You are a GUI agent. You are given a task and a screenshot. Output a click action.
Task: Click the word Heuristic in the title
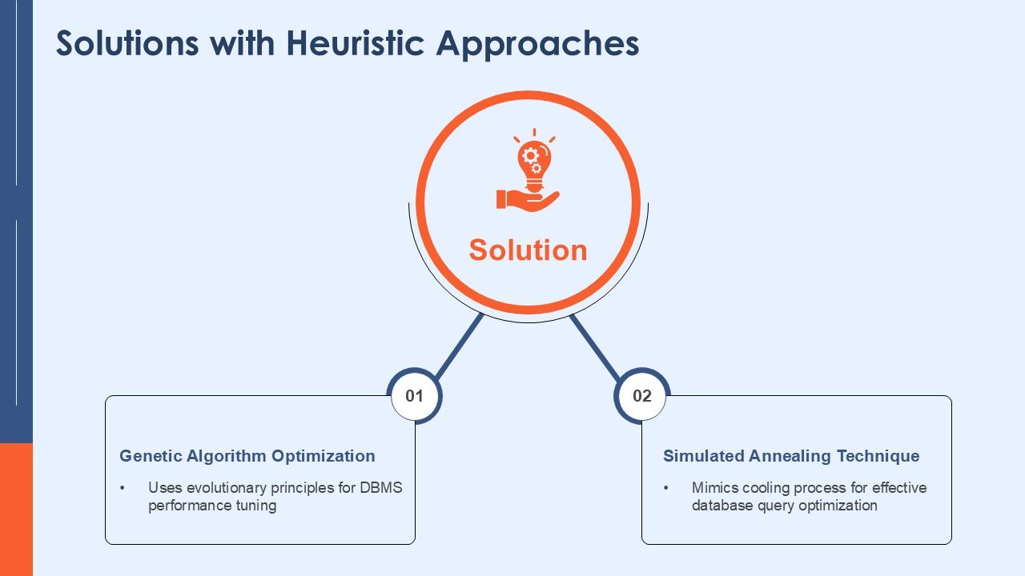pos(355,43)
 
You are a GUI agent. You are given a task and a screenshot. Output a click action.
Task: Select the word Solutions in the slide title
pos(127,43)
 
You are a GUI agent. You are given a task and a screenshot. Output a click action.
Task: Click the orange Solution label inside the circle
pos(528,250)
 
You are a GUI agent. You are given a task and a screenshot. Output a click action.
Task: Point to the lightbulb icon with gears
pos(534,161)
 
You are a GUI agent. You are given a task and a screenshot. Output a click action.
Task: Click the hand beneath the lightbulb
pos(528,201)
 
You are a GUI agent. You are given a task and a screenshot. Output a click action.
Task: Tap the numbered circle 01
pos(415,395)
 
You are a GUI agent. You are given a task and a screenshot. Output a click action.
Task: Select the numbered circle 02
pos(642,395)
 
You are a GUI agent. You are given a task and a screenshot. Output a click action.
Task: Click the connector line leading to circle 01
pos(459,346)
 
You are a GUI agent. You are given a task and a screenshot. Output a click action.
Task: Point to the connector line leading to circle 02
pos(595,347)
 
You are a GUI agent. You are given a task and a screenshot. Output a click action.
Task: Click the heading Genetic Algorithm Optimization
pos(247,456)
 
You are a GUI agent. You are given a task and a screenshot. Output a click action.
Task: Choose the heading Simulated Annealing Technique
pos(791,456)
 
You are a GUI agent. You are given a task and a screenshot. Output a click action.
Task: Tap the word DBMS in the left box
pos(380,487)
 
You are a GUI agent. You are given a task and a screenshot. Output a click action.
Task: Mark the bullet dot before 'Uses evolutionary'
pos(123,488)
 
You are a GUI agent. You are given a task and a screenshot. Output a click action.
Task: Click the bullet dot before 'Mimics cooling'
pos(665,488)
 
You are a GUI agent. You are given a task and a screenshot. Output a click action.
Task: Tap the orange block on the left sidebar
pos(17,510)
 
